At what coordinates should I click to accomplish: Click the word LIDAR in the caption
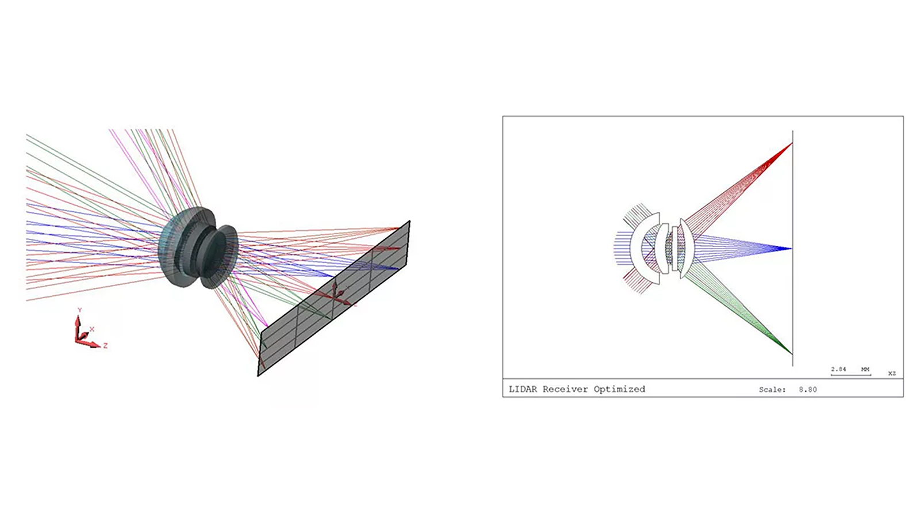click(523, 389)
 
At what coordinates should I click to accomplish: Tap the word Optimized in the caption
click(619, 389)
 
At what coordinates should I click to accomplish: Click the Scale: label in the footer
click(772, 389)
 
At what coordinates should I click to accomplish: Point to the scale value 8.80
click(808, 389)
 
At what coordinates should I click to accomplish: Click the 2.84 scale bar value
click(839, 369)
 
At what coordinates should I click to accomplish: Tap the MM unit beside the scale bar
click(865, 369)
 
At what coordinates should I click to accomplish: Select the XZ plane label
click(892, 374)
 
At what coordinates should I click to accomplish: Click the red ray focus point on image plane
click(792, 143)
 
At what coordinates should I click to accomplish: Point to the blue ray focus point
click(791, 248)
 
